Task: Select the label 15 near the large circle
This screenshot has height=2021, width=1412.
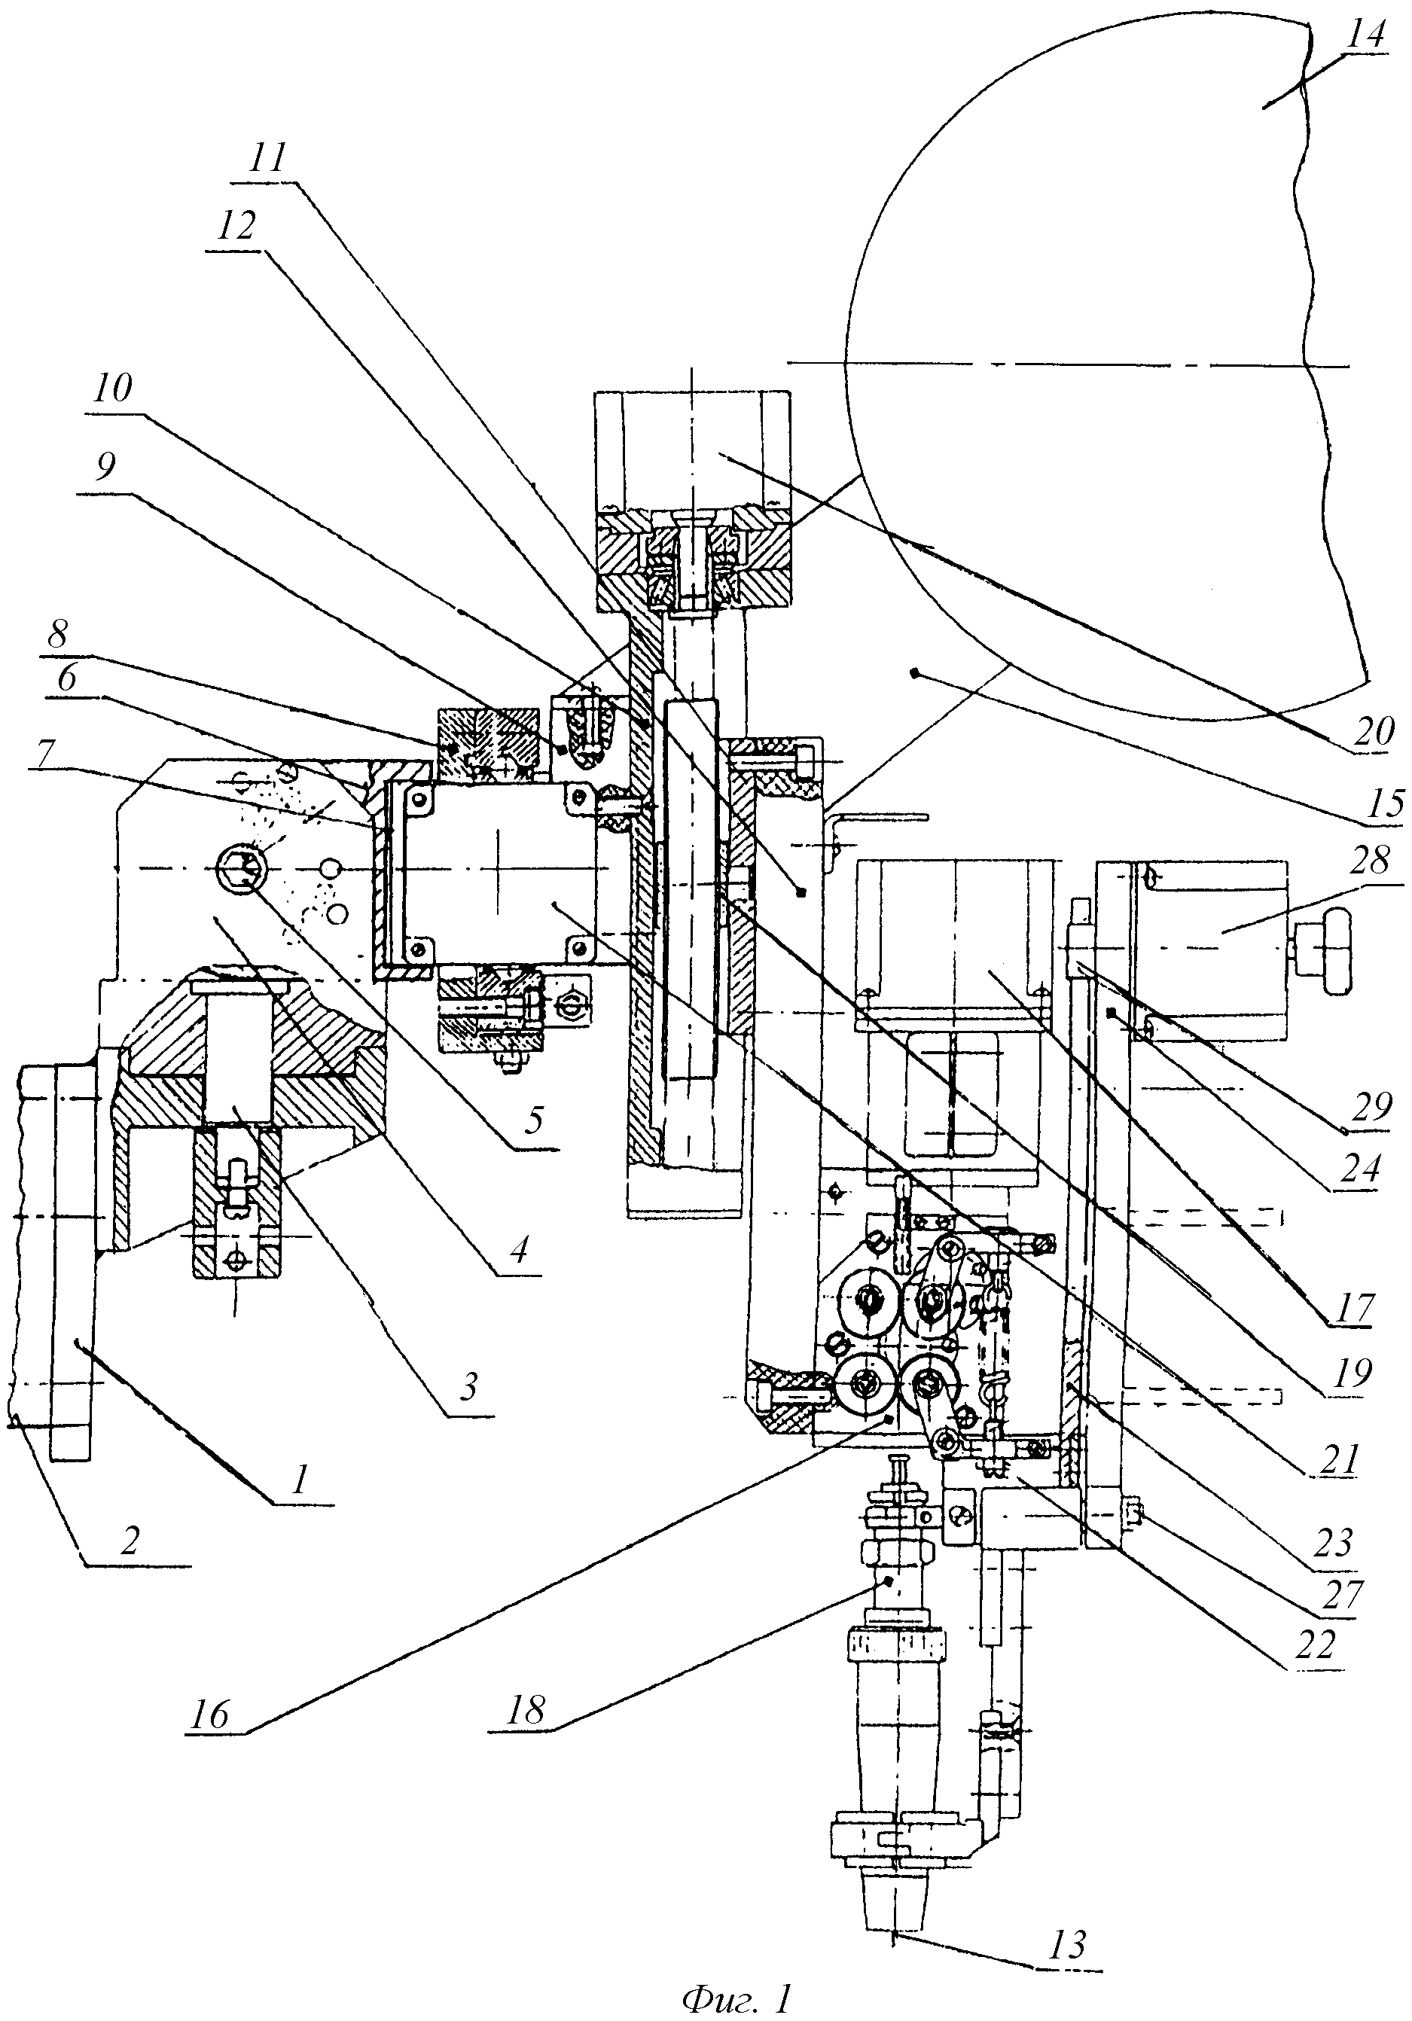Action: pyautogui.click(x=1384, y=803)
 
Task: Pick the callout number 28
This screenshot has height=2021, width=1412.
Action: pyautogui.click(x=1369, y=860)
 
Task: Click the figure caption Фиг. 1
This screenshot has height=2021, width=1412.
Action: pyautogui.click(x=736, y=1995)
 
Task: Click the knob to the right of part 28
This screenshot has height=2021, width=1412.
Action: pyautogui.click(x=1324, y=950)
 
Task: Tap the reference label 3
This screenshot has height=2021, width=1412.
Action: pyautogui.click(x=468, y=1388)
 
